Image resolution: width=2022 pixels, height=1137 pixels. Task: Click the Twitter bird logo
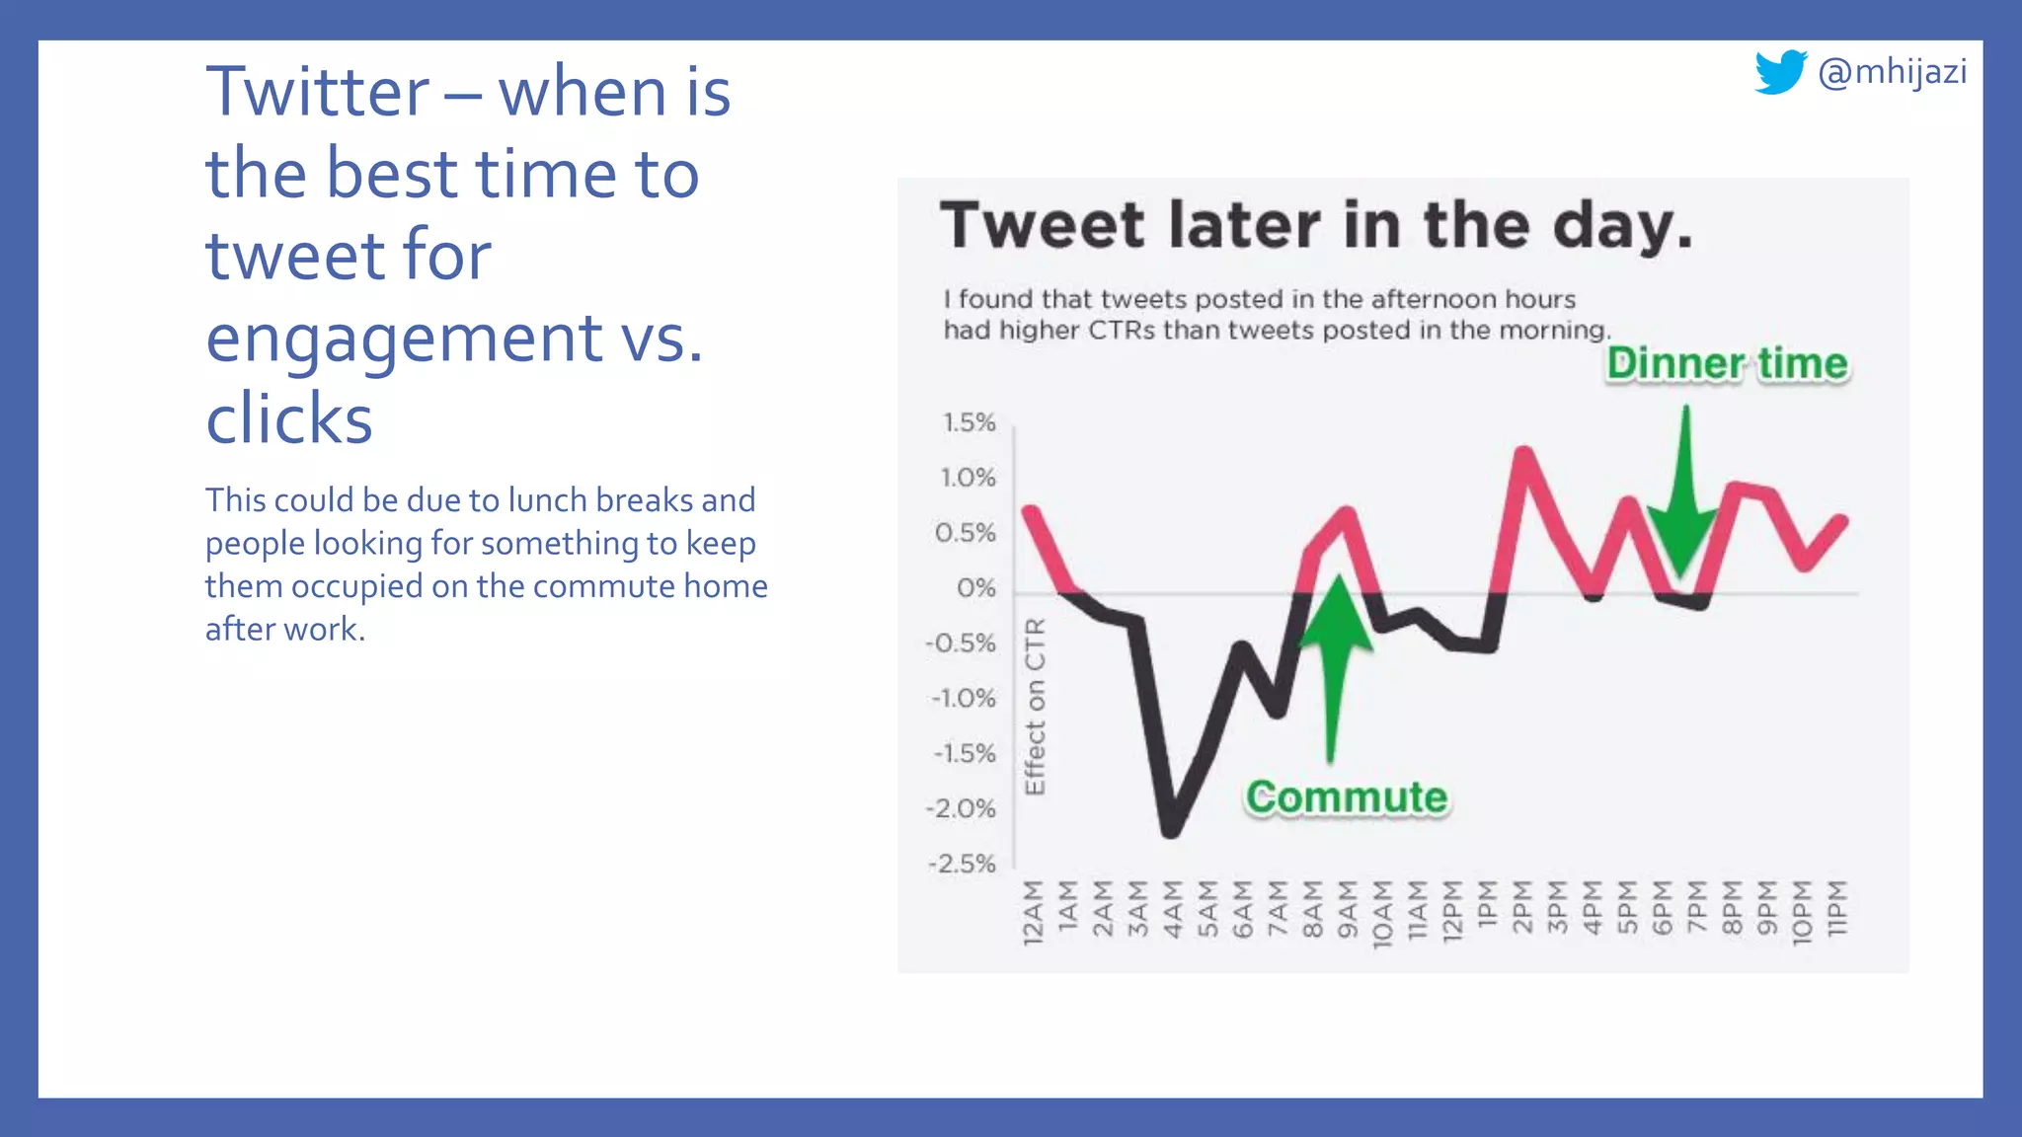pyautogui.click(x=1780, y=72)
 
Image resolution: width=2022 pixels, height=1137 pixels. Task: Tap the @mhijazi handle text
pyautogui.click(x=1892, y=72)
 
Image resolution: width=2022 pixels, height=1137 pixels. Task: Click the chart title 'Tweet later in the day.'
pyautogui.click(x=1316, y=226)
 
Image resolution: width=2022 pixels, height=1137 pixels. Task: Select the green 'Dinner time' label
pyautogui.click(x=1727, y=363)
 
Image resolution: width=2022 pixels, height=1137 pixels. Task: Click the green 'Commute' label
pyautogui.click(x=1347, y=797)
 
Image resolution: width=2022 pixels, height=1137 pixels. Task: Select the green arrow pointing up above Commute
pyautogui.click(x=1334, y=661)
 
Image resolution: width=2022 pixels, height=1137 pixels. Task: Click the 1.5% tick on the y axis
pyautogui.click(x=969, y=423)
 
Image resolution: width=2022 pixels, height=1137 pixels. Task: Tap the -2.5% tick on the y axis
pyautogui.click(x=963, y=865)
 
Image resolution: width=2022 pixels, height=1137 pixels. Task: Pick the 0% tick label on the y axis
pyautogui.click(x=975, y=589)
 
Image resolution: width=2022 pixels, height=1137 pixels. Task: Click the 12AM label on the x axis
pyautogui.click(x=1032, y=913)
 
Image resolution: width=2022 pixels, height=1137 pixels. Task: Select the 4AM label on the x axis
pyautogui.click(x=1172, y=909)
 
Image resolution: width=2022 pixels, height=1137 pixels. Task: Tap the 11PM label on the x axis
pyautogui.click(x=1835, y=909)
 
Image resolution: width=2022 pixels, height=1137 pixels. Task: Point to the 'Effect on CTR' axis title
pyautogui.click(x=1034, y=707)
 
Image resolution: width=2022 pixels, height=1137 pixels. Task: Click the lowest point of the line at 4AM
pyautogui.click(x=1171, y=829)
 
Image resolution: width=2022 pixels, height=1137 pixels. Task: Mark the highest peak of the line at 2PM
pyautogui.click(x=1523, y=455)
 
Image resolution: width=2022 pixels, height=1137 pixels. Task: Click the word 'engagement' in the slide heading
pyautogui.click(x=404, y=338)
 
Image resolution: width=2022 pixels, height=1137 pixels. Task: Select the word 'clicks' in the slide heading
pyautogui.click(x=289, y=418)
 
